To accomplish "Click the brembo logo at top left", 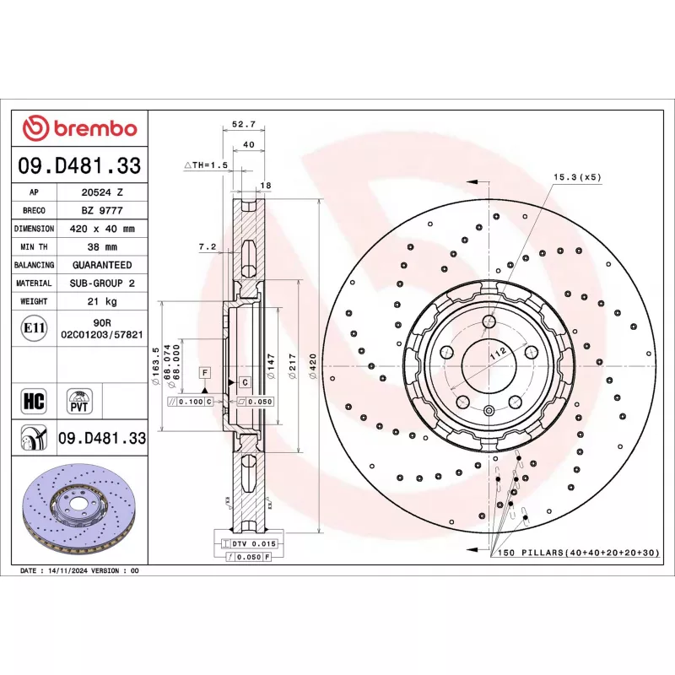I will coord(80,128).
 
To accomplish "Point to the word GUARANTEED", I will coord(102,265).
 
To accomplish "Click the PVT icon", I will coord(79,399).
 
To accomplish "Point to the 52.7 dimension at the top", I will coord(244,124).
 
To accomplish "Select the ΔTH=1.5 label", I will coord(206,165).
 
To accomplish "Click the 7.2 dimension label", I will coord(208,247).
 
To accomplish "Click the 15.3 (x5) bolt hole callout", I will coord(577,178).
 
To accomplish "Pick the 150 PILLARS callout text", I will coord(578,552).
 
